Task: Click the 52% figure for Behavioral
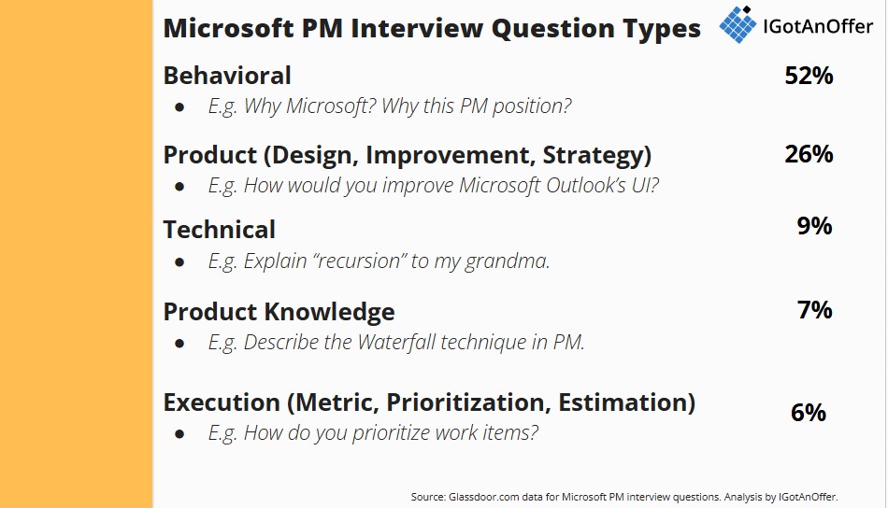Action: coord(809,76)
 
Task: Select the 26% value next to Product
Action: coord(809,154)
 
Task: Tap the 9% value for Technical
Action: coord(815,226)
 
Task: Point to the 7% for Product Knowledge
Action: coord(815,310)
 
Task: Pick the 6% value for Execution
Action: coord(809,413)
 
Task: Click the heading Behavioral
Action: coord(227,76)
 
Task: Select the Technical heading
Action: coord(219,230)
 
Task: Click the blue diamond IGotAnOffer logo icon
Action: coord(738,24)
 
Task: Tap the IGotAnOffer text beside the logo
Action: coord(818,26)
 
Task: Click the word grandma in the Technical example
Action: coord(507,261)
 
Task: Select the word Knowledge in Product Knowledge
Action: coord(329,312)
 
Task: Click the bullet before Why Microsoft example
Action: coord(179,106)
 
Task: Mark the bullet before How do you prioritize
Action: coord(179,434)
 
